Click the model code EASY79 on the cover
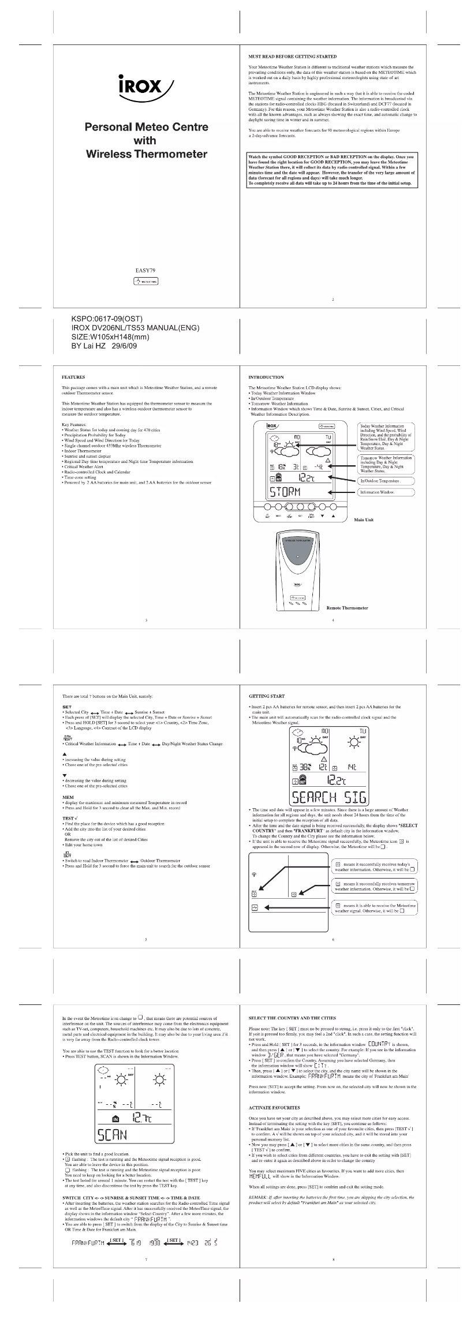tap(145, 270)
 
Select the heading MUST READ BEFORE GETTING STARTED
tap(292, 57)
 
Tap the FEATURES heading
tap(73, 377)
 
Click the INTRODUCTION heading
tap(266, 377)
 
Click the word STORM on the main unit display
tap(286, 492)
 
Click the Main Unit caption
tap(363, 520)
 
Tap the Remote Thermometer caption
tap(347, 608)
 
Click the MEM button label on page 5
tap(68, 797)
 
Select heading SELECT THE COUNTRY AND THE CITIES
tap(292, 1018)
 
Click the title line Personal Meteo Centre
tap(146, 127)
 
